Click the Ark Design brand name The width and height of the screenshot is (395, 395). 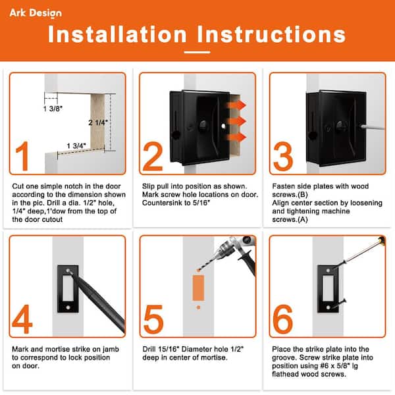(x=36, y=13)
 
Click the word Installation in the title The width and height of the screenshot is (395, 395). (x=117, y=34)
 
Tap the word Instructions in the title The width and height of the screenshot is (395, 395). (x=271, y=34)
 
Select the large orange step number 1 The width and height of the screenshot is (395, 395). (x=22, y=156)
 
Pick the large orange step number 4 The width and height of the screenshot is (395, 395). (x=22, y=319)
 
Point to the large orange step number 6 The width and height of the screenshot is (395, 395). (x=283, y=319)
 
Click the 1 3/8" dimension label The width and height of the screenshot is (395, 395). (x=53, y=109)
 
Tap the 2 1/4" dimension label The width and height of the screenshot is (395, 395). (x=98, y=122)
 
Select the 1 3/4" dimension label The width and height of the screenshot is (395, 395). (x=76, y=145)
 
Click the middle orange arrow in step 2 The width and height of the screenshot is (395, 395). (x=236, y=121)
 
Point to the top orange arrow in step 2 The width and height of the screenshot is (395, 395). (x=236, y=105)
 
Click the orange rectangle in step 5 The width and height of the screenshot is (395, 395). (x=198, y=288)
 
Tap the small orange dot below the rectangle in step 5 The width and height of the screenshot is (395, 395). (x=199, y=307)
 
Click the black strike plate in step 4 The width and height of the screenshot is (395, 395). (x=68, y=289)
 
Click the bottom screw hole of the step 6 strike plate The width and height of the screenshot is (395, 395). (x=328, y=307)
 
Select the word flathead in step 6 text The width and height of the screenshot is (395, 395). (x=286, y=374)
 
